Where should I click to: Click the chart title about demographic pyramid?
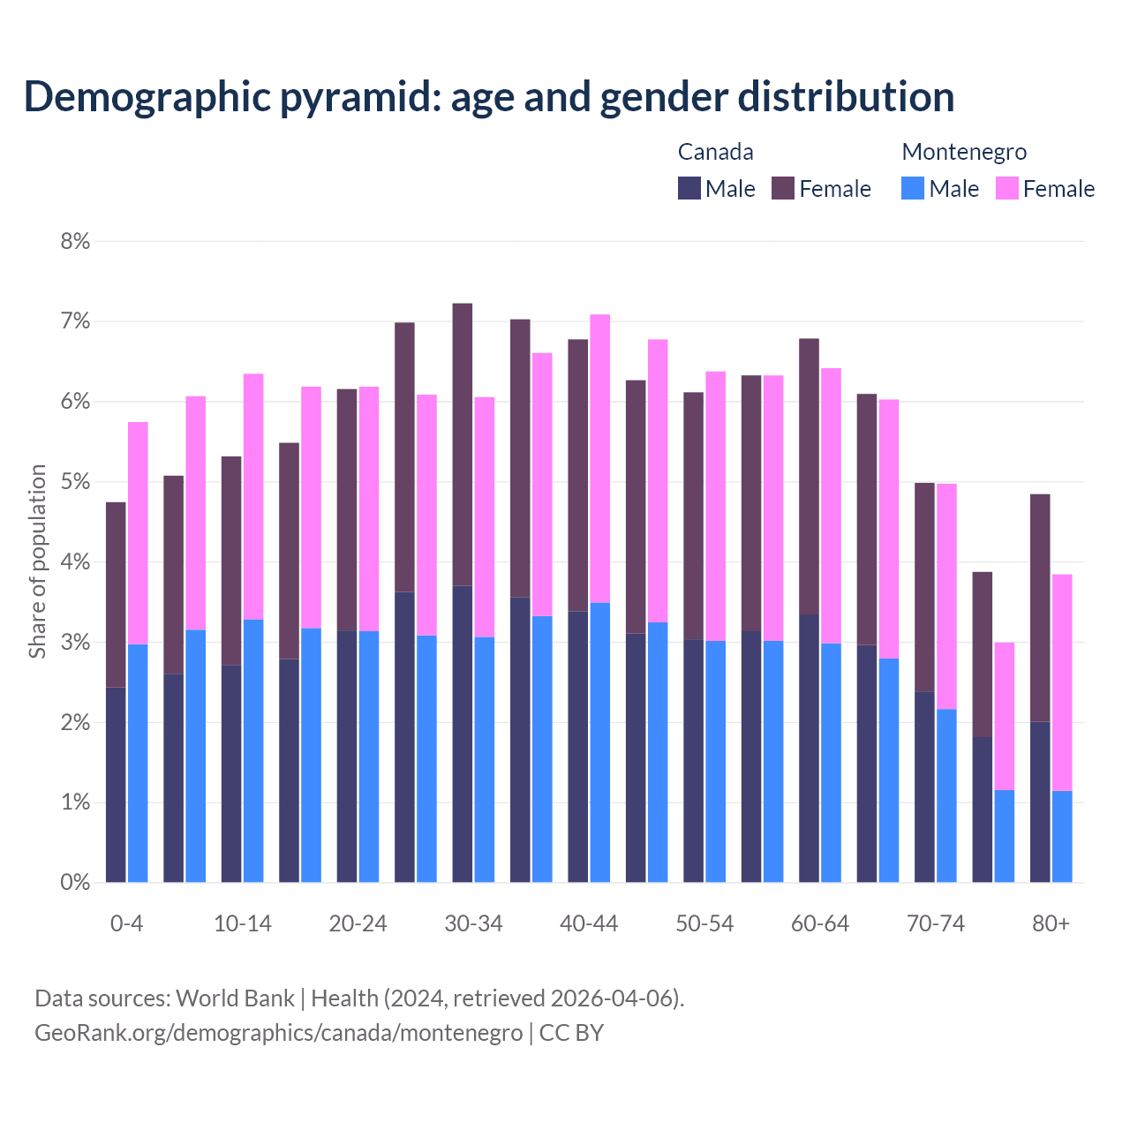pyautogui.click(x=489, y=96)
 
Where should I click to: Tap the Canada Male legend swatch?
pyautogui.click(x=689, y=188)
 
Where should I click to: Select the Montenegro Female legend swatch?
pyautogui.click(x=1006, y=188)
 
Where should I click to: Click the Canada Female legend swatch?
pyautogui.click(x=783, y=188)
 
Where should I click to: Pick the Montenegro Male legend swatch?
pyautogui.click(x=913, y=188)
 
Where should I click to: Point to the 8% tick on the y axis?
pyautogui.click(x=75, y=241)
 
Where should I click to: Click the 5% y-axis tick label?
pyautogui.click(x=75, y=482)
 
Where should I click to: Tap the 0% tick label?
pyautogui.click(x=75, y=882)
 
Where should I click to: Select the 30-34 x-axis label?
pyautogui.click(x=473, y=923)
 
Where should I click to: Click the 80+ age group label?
pyautogui.click(x=1051, y=923)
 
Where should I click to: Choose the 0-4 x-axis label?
pyautogui.click(x=126, y=923)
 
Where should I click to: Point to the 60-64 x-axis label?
pyautogui.click(x=819, y=923)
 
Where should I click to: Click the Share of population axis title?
pyautogui.click(x=37, y=561)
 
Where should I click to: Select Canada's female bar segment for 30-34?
pyautogui.click(x=462, y=444)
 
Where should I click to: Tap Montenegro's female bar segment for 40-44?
pyautogui.click(x=600, y=458)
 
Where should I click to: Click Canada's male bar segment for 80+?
pyautogui.click(x=1040, y=802)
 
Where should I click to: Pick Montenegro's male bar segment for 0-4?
pyautogui.click(x=138, y=763)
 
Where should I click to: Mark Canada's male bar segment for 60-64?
pyautogui.click(x=809, y=748)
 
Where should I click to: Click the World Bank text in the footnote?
pyautogui.click(x=235, y=998)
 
